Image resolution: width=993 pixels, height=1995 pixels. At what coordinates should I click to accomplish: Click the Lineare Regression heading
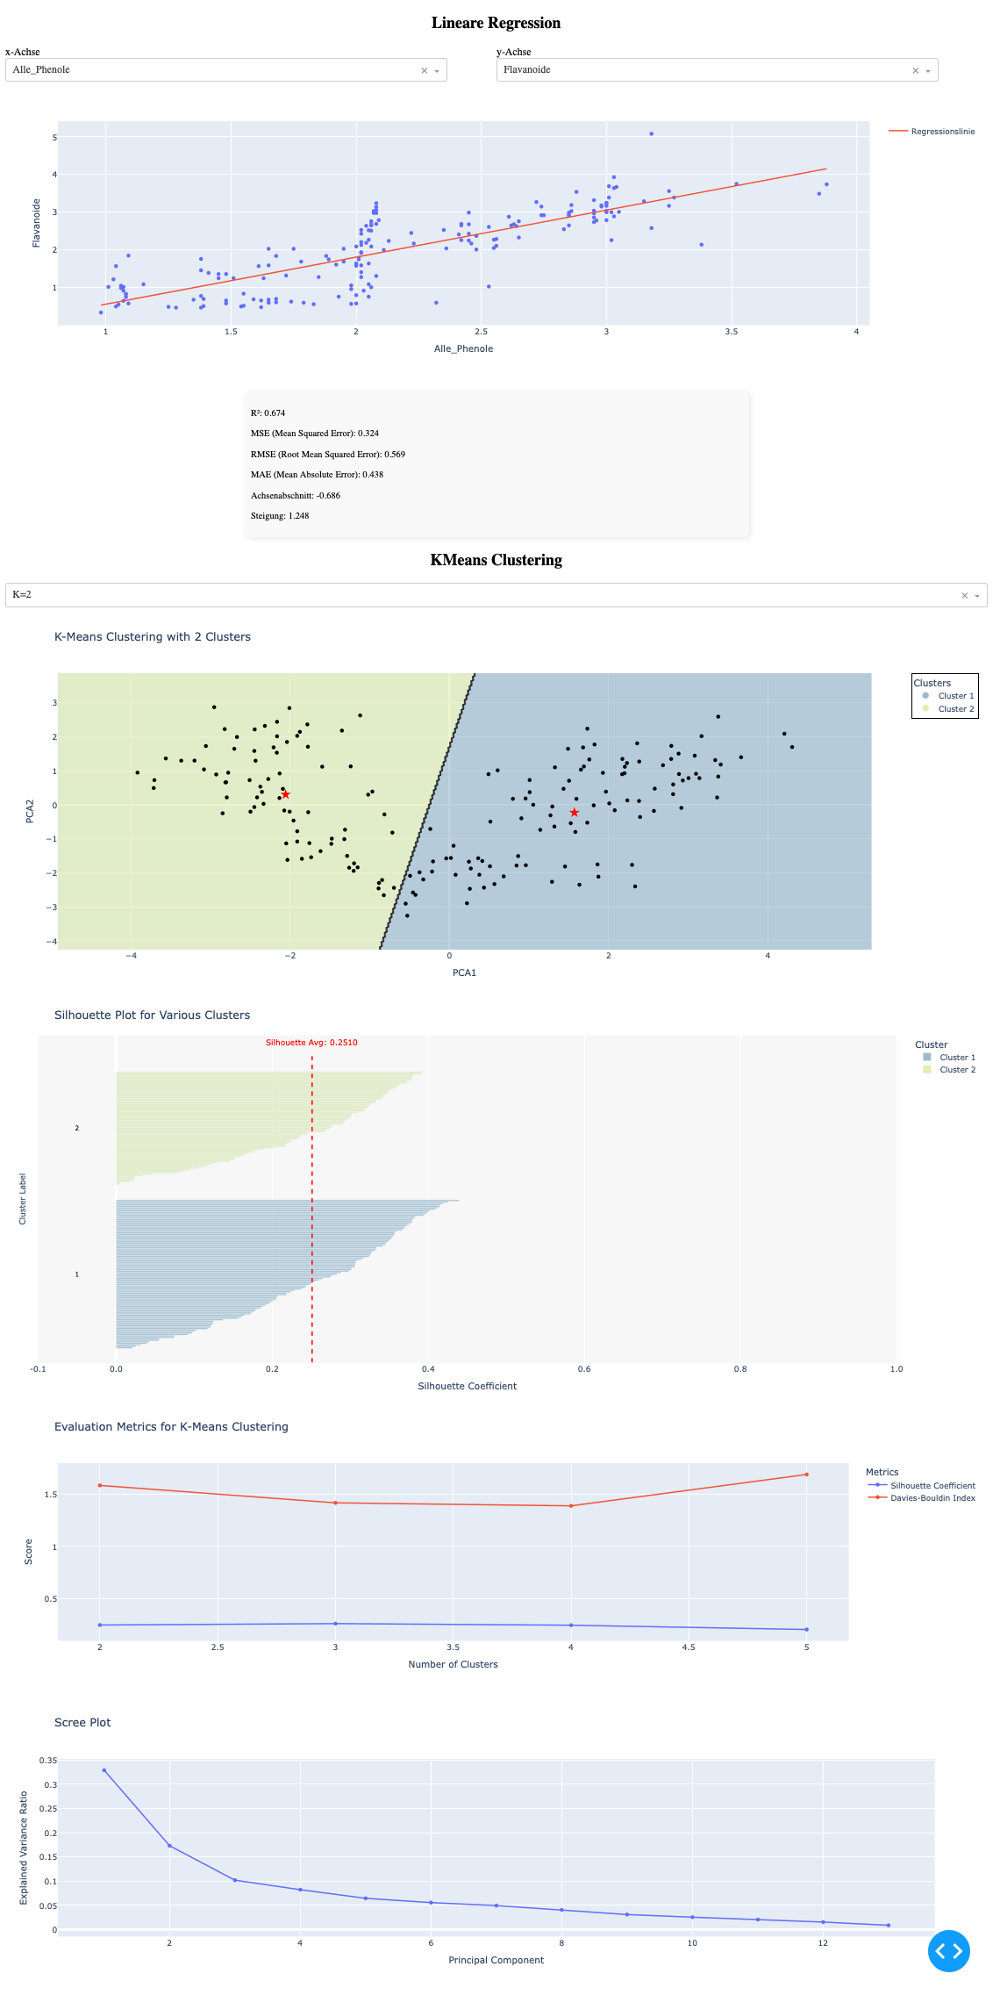coord(496,24)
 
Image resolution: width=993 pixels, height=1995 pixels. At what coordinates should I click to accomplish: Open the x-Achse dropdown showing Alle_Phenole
coord(436,71)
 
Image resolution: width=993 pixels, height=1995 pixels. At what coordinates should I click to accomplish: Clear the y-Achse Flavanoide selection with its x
coord(915,71)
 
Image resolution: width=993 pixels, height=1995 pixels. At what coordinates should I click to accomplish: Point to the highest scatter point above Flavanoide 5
coord(651,133)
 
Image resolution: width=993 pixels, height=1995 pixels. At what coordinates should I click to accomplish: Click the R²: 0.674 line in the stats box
coord(268,413)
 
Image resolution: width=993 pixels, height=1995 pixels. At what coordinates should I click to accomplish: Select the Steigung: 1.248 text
coord(280,516)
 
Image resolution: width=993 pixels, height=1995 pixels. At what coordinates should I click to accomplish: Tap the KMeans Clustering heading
coord(496,561)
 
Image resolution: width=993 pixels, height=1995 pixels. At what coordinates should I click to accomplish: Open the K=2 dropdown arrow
coord(976,596)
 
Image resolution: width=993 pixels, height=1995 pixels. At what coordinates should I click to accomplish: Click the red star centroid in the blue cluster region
coord(574,813)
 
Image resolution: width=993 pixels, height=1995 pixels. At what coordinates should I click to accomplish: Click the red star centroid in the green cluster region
coord(285,794)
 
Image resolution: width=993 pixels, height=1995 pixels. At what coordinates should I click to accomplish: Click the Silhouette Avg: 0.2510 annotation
coord(311,1043)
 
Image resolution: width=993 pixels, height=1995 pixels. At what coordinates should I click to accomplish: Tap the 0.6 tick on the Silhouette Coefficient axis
coord(584,1369)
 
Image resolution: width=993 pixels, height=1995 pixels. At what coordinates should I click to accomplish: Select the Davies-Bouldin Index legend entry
coord(932,1498)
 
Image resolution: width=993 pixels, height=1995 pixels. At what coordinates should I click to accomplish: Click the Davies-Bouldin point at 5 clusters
coord(806,1475)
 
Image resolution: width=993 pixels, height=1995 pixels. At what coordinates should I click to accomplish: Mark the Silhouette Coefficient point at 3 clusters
coord(335,1624)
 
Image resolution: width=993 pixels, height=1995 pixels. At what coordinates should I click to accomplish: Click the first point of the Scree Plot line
coord(104,1770)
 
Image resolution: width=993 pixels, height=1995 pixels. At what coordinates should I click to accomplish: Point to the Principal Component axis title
coord(496,1960)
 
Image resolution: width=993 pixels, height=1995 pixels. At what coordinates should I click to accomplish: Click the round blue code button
coord(948,1950)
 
